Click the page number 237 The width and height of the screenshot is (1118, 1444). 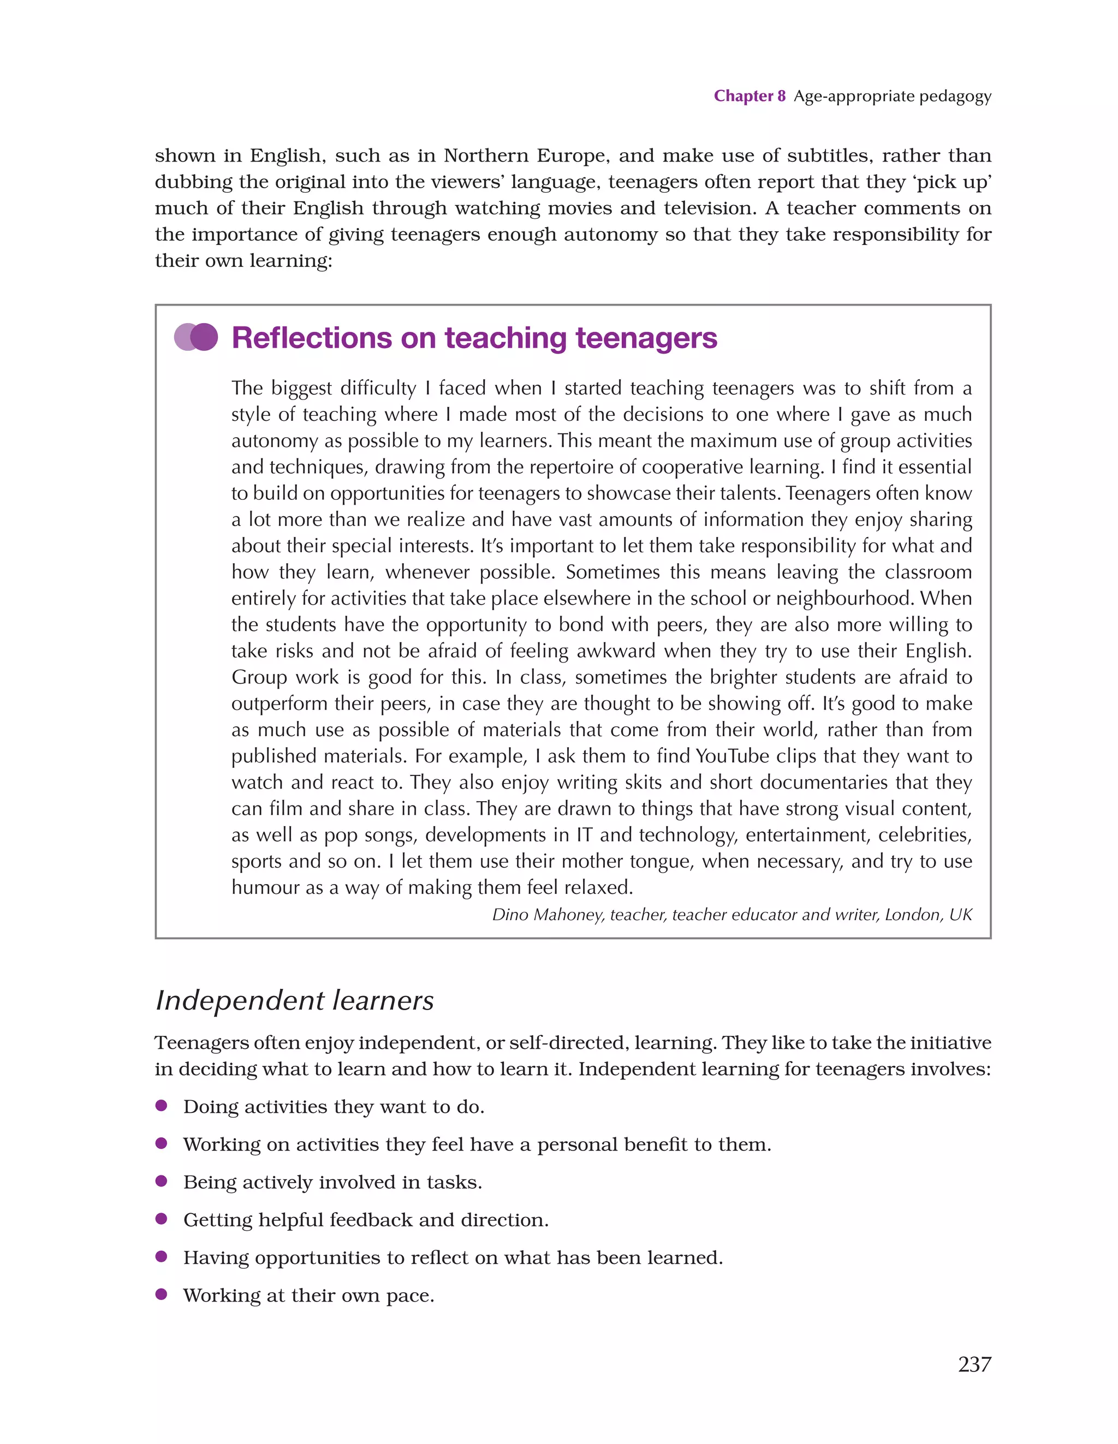tap(974, 1363)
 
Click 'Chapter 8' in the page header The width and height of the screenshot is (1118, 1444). tap(749, 97)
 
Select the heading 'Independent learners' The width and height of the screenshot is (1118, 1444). tap(294, 1000)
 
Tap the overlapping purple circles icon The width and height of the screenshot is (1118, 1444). tap(196, 337)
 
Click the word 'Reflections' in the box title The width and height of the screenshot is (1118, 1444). tap(312, 338)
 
